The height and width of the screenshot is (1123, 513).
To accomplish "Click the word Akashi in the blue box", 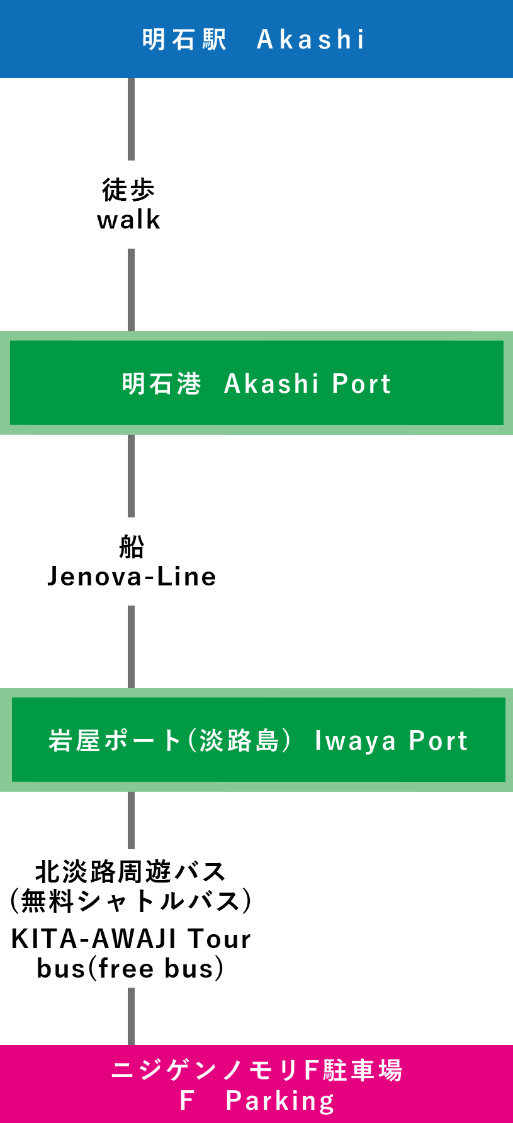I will tap(310, 40).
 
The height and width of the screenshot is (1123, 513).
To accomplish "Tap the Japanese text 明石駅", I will tap(184, 40).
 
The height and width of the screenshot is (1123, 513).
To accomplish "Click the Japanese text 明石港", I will tap(161, 383).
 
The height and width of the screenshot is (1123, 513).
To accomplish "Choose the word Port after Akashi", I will tap(361, 383).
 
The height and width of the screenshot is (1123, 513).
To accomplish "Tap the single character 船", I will tap(132, 546).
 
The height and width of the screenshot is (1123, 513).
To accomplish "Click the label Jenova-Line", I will tap(132, 576).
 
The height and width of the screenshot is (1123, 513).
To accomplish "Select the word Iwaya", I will tap(355, 741).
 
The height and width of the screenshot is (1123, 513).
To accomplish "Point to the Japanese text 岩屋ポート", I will tap(115, 740).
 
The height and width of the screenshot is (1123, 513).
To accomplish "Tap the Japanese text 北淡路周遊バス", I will tap(130, 872).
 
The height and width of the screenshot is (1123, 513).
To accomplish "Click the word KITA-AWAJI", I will tap(94, 939).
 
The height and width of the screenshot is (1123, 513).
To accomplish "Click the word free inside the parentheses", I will tap(126, 968).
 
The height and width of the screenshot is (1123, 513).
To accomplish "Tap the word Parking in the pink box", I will tap(279, 1100).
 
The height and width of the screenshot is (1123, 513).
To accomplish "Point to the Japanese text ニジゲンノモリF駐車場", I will tap(257, 1070).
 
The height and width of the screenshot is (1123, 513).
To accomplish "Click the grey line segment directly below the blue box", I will tap(132, 119).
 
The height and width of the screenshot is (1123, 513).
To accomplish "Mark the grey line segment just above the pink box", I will tap(132, 1015).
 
